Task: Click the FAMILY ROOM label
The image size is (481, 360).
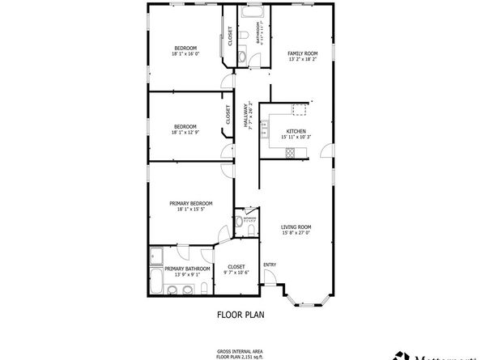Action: (x=301, y=54)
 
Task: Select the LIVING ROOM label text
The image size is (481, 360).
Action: (x=296, y=227)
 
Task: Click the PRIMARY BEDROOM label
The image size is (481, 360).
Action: (x=190, y=203)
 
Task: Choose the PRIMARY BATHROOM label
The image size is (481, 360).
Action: (x=187, y=268)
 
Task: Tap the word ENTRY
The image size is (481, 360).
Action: (x=270, y=264)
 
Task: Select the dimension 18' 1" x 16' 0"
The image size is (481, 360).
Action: (x=185, y=54)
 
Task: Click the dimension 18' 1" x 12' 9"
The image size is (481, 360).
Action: (x=185, y=132)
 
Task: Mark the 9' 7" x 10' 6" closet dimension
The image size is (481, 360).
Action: (x=236, y=273)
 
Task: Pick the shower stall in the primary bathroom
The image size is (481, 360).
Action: (x=156, y=257)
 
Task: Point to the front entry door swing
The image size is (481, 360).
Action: (x=271, y=283)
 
